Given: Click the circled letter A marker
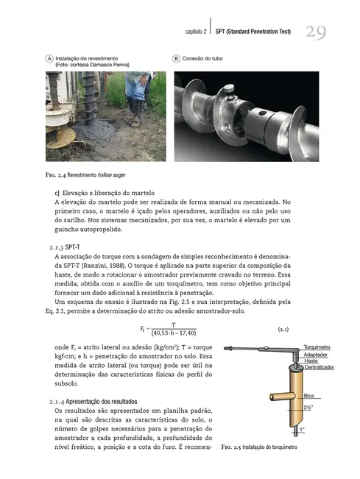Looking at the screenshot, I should (49, 57).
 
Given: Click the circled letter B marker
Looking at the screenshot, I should (177, 57).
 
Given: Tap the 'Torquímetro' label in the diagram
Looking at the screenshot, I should (319, 346).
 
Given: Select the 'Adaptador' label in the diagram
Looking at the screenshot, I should (317, 354).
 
